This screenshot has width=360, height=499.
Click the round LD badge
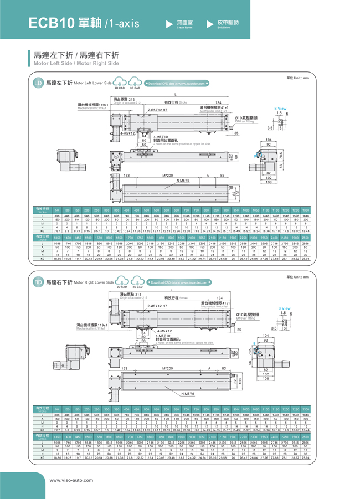tap(38, 83)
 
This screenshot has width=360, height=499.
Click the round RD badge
tap(38, 282)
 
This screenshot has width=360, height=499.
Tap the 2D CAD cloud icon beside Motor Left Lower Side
tap(119, 83)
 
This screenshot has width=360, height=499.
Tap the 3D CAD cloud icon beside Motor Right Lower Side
tap(135, 282)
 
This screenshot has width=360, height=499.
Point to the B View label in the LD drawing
tap(280, 107)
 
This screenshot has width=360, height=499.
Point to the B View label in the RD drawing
tap(284, 308)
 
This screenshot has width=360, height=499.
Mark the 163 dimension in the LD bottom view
tap(126, 175)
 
